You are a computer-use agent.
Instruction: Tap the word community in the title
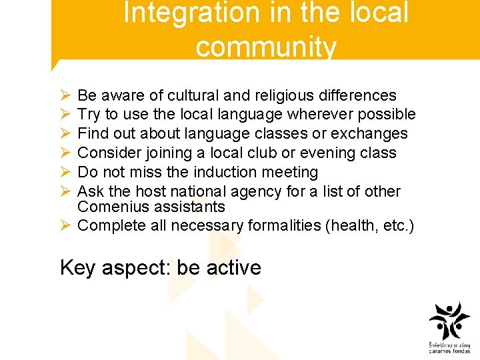click(266, 47)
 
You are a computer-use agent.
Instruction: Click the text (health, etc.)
click(369, 225)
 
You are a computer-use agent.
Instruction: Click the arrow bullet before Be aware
click(65, 96)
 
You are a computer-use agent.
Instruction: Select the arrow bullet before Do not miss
click(65, 173)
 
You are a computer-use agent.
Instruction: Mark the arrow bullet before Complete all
click(65, 226)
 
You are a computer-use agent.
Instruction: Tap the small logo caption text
click(449, 348)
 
